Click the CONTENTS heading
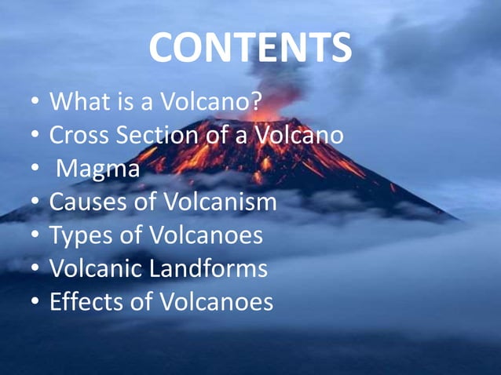[251, 49]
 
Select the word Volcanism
[219, 202]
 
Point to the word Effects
[82, 302]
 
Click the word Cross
[79, 136]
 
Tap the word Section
[160, 136]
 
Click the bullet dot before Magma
[35, 169]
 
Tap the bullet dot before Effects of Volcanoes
[35, 303]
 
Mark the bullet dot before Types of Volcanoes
[35, 236]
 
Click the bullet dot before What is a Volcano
[35, 103]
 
